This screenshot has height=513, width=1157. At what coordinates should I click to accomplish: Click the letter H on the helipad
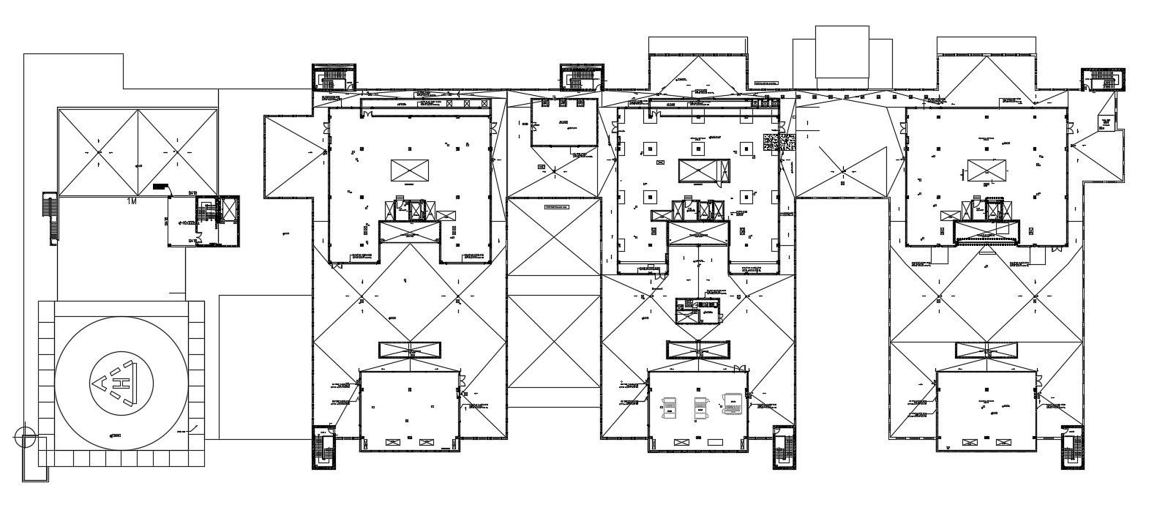pyautogui.click(x=125, y=383)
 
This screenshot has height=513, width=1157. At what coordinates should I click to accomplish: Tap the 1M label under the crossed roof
pyautogui.click(x=132, y=201)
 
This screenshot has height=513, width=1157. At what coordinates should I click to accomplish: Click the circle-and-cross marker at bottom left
pyautogui.click(x=24, y=438)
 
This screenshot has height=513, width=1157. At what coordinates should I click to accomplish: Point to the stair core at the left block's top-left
pyautogui.click(x=334, y=78)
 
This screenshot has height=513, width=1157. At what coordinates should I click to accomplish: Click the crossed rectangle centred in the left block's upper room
pyautogui.click(x=410, y=171)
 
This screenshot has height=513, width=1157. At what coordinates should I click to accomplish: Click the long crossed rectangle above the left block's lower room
pyautogui.click(x=410, y=350)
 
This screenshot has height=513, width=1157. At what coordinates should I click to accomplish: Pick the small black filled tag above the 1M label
pyautogui.click(x=161, y=187)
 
